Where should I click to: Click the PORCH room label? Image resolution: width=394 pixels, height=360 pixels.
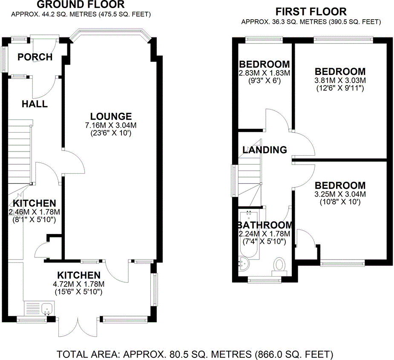[35, 57]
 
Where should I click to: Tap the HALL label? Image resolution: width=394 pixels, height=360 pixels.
[35, 104]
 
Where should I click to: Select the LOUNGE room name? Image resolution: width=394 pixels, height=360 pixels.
[111, 117]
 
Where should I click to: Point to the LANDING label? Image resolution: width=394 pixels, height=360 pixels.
[265, 150]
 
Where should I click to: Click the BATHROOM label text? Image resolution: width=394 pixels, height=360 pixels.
[265, 225]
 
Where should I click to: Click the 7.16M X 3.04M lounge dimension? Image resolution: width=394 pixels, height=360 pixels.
[111, 125]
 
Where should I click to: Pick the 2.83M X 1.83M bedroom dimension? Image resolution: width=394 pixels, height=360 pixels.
[265, 73]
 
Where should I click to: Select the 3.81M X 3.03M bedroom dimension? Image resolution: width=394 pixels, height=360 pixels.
[340, 80]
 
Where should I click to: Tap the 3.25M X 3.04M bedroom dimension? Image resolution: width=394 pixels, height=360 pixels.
[340, 194]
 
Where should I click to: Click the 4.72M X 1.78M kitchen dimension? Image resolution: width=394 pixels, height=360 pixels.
[79, 284]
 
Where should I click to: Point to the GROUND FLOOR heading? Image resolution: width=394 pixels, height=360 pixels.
[81, 5]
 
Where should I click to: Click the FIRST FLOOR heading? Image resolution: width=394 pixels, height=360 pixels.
[311, 12]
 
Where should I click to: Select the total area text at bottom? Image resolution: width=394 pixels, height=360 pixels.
[195, 354]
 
